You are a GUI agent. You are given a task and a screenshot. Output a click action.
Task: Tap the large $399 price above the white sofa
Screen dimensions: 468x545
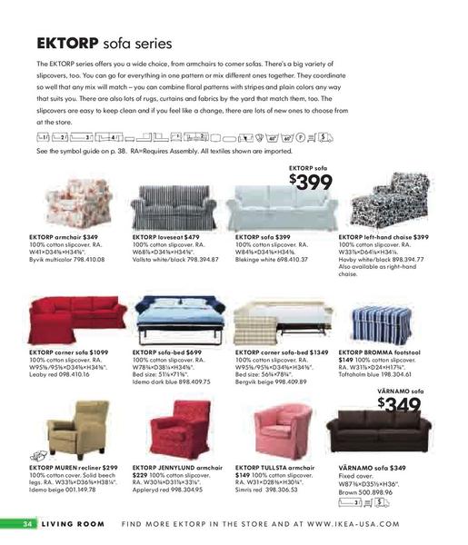click(x=313, y=182)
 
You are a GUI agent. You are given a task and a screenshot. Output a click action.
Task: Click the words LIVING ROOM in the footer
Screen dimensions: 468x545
click(x=75, y=524)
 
